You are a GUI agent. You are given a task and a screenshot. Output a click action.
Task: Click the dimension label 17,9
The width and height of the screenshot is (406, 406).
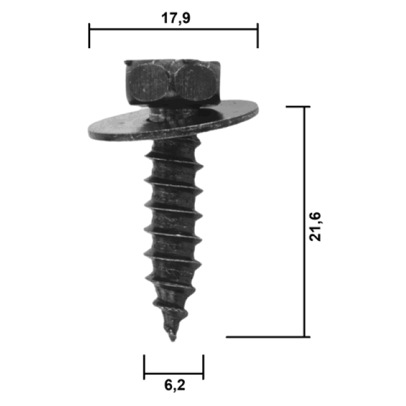coord(176,18)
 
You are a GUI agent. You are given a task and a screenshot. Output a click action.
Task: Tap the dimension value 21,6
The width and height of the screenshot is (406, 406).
coord(315,226)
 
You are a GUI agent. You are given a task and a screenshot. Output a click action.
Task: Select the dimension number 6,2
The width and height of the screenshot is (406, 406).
coord(175,385)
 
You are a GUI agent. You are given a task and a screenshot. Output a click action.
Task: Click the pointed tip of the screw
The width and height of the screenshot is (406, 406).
coord(173,341)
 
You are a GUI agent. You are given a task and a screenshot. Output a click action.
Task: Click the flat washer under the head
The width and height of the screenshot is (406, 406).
coord(173,121)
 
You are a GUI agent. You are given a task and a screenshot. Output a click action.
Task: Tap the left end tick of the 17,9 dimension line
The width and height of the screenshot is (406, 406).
coord(89,36)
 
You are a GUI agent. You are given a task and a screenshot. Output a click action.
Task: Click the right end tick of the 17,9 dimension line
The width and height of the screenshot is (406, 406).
coord(258,36)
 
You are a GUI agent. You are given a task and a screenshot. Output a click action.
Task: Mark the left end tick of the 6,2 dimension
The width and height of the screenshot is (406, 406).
coord(144,367)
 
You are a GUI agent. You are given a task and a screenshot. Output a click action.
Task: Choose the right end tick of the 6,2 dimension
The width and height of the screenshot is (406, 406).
coord(203,367)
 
